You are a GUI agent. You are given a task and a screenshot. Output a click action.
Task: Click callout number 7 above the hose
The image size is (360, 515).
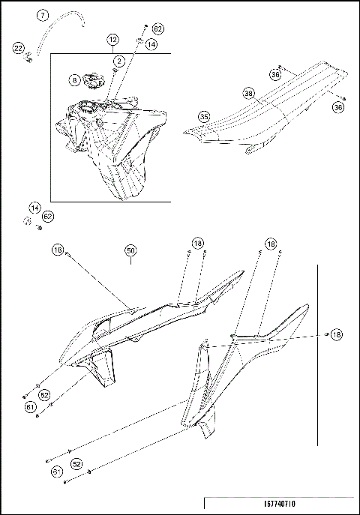tap(42, 14)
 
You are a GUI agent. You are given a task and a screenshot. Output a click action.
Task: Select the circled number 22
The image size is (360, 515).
tap(19, 48)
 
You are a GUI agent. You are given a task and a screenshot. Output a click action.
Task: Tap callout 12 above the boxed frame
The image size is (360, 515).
tap(112, 38)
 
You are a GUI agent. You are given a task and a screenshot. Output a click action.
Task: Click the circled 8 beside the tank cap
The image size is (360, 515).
tap(75, 79)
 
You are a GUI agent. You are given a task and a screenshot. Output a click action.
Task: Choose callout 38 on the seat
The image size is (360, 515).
tap(248, 94)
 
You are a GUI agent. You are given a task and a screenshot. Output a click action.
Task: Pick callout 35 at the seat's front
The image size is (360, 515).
tap(204, 116)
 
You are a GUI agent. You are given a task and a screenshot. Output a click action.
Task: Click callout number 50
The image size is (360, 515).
tap(130, 250)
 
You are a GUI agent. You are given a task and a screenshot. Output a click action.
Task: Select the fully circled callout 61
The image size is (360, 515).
tap(30, 407)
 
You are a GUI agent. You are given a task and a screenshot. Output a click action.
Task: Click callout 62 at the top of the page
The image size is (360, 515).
tap(158, 28)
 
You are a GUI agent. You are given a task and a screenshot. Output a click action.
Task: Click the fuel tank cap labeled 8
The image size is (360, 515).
tap(93, 78)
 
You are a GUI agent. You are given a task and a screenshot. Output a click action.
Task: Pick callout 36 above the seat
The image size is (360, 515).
tap(276, 74)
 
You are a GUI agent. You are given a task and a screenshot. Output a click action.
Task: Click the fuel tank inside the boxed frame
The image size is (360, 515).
tap(112, 142)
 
